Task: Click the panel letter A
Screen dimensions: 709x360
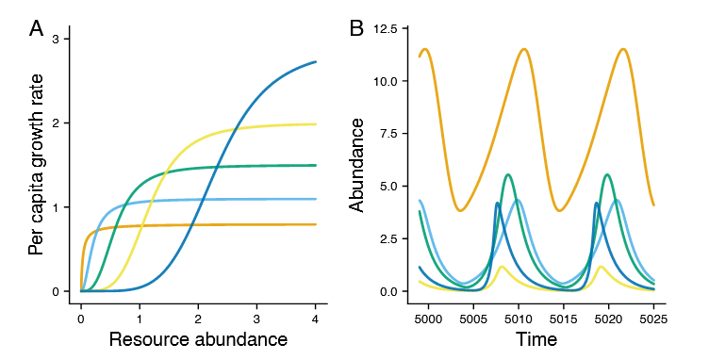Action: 36,29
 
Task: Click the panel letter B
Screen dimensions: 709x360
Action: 356,29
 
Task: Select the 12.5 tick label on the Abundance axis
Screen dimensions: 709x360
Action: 385,28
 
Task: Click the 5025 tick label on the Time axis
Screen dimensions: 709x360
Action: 653,319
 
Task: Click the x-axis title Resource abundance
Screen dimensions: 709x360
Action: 198,339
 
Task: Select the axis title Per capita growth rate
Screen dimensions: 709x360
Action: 36,164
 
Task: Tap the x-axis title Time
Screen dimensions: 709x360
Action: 536,339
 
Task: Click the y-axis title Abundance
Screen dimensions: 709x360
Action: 356,165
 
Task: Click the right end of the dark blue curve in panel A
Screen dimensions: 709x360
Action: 316,61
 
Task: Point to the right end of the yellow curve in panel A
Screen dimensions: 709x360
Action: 316,123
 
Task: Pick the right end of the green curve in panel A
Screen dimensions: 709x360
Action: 316,165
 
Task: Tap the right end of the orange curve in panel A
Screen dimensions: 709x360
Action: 316,224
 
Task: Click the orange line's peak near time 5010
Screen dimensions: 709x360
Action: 524,49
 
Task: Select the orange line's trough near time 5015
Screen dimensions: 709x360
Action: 560,210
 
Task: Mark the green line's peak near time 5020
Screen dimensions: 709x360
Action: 607,174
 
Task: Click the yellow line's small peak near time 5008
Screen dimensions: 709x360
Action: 502,267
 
